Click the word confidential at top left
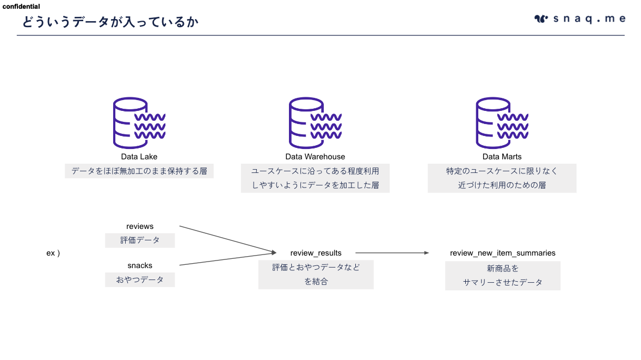[21, 7]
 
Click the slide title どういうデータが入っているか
[110, 22]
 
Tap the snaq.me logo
[580, 19]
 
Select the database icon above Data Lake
[139, 123]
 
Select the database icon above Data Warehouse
[315, 123]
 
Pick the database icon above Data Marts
[502, 123]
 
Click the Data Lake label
[139, 157]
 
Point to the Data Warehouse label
[315, 157]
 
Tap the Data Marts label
[502, 157]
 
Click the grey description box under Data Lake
[139, 171]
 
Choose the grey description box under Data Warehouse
[315, 178]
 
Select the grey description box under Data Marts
[502, 178]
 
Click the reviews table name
[140, 226]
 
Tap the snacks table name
[140, 265]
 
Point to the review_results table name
[316, 253]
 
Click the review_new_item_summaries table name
[503, 253]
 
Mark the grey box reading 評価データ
[140, 240]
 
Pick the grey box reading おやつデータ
[140, 280]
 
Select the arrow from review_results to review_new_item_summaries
[392, 253]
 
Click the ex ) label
[53, 253]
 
